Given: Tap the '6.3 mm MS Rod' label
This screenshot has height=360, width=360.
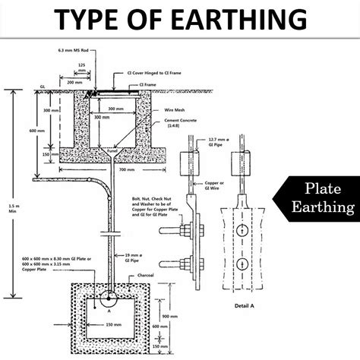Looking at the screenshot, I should click(x=71, y=51).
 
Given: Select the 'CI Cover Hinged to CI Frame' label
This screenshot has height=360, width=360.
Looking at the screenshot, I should click(x=144, y=74).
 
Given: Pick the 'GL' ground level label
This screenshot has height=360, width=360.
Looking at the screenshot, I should click(x=43, y=87).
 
